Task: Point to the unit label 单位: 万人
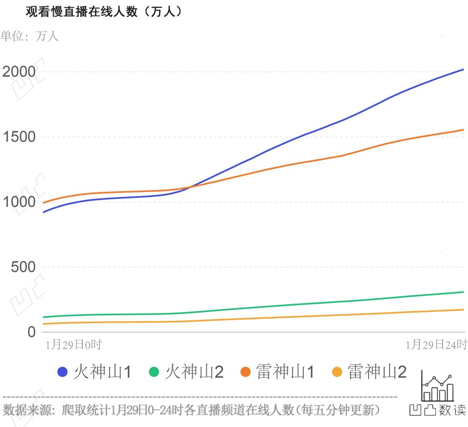click(30, 36)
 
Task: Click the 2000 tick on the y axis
click(19, 72)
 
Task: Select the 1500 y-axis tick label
click(19, 137)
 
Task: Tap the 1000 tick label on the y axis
click(19, 202)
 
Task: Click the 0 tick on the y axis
click(32, 332)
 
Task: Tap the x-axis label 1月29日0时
click(73, 345)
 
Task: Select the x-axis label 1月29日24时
click(436, 345)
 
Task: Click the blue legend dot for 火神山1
click(62, 372)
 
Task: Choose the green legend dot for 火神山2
click(154, 372)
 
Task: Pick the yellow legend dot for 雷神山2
click(336, 372)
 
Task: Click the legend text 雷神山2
click(377, 372)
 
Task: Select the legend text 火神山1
click(103, 372)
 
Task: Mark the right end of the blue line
click(463, 69)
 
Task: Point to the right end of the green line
click(463, 292)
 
